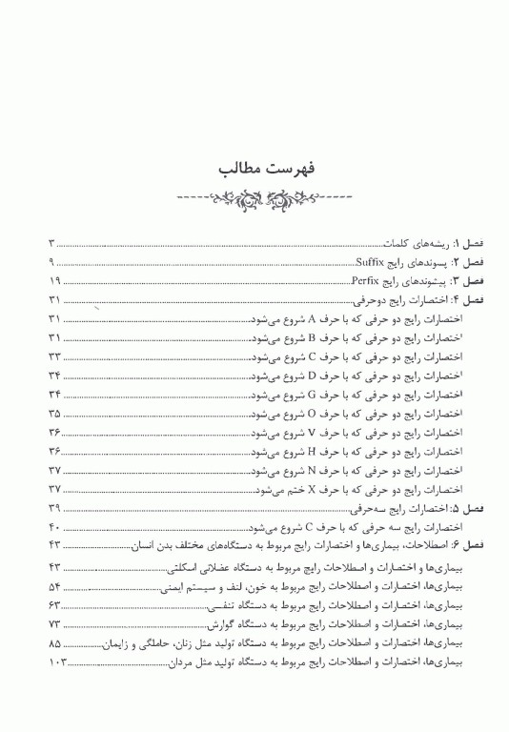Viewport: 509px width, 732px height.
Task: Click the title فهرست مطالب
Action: point(254,172)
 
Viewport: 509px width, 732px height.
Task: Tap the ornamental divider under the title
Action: point(254,201)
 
